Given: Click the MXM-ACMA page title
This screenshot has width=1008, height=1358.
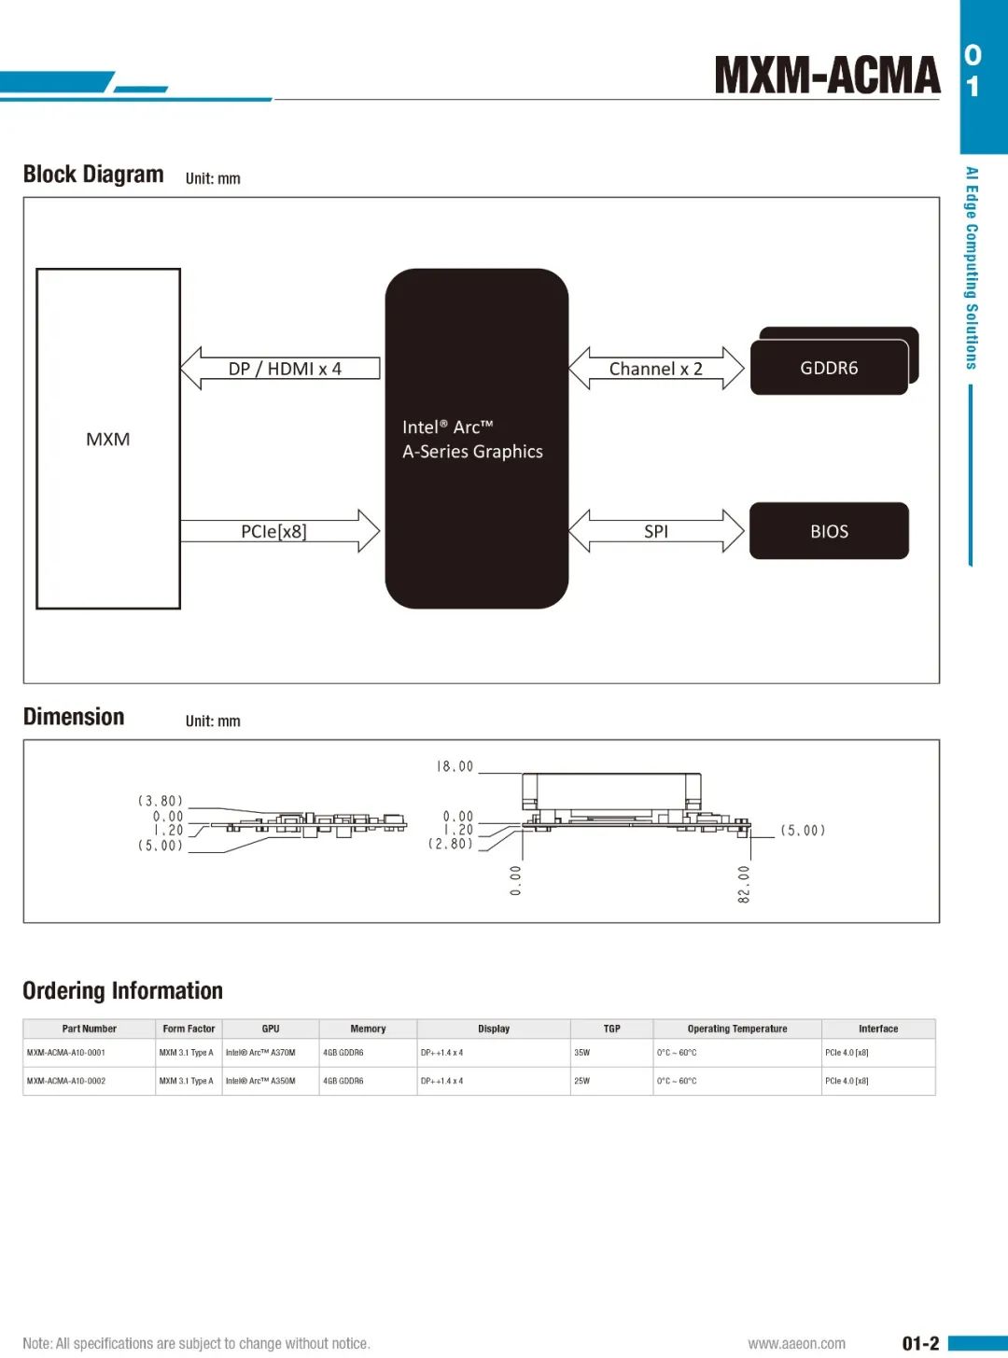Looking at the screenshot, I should click(827, 76).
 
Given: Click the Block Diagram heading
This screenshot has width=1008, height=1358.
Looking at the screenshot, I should click(93, 175).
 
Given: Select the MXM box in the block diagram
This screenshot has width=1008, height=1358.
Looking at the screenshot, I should click(108, 439).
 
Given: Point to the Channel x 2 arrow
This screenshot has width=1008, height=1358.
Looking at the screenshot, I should click(655, 369).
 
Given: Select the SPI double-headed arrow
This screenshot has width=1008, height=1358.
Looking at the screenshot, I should click(656, 531).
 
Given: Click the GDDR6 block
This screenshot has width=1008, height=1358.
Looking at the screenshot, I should click(829, 368).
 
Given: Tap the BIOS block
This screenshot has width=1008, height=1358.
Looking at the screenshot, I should click(829, 531).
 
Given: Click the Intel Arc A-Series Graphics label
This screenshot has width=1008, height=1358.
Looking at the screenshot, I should click(472, 440).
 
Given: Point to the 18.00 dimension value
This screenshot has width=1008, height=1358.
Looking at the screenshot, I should click(455, 766).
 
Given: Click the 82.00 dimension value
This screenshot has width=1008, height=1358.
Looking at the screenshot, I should click(744, 884).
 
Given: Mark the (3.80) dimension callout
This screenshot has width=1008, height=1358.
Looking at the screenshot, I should click(161, 801).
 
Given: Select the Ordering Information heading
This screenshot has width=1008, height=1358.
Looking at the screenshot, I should click(122, 990).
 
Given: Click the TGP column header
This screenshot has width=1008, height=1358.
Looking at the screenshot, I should click(611, 1029).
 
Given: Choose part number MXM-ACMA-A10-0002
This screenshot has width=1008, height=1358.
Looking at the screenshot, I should click(66, 1081).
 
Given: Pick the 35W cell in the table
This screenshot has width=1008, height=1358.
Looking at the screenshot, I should click(582, 1053).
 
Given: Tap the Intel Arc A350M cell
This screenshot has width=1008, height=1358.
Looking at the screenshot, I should click(260, 1081).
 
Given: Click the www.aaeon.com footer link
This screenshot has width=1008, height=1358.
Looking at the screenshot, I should click(796, 1343).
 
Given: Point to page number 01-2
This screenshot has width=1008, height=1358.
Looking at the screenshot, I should click(920, 1343).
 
